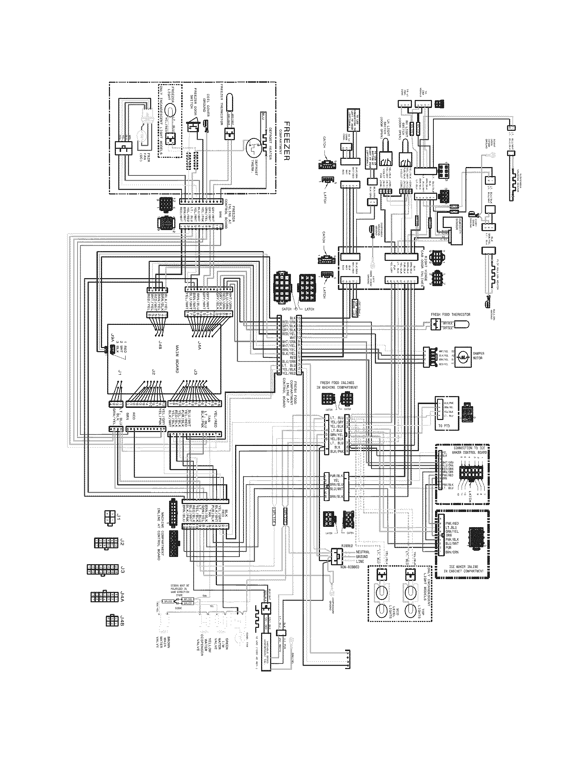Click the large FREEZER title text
pyautogui.click(x=287, y=141)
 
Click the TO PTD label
pyautogui.click(x=442, y=426)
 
